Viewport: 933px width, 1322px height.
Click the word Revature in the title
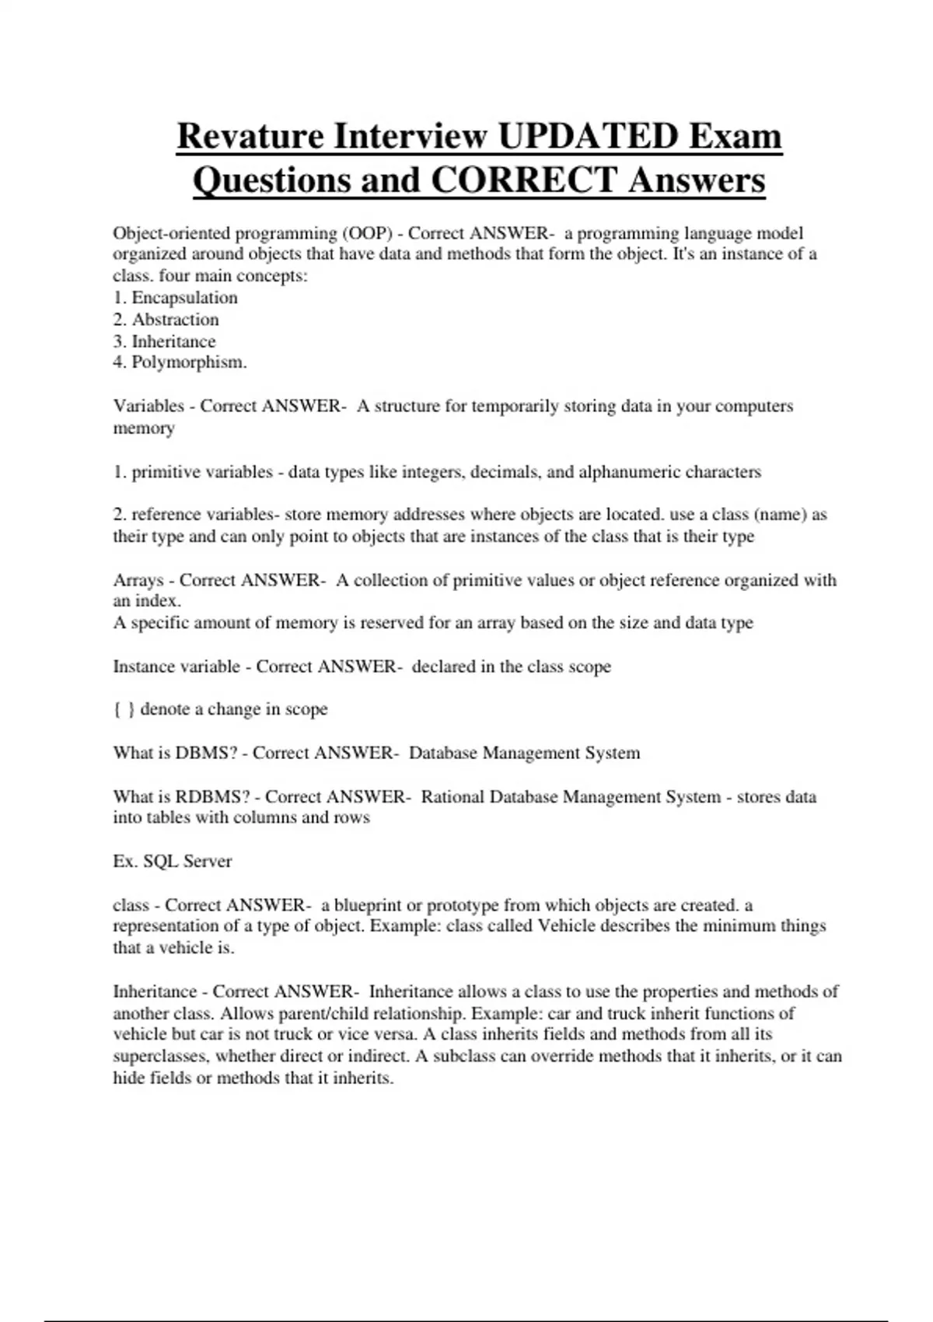click(x=250, y=137)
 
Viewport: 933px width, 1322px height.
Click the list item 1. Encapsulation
click(x=176, y=298)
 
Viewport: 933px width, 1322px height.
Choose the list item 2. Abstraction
click(x=166, y=320)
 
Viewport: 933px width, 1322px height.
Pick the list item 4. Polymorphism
click(x=180, y=362)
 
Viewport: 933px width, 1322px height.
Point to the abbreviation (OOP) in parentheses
click(x=367, y=233)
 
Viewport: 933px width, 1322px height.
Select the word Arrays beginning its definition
click(x=138, y=580)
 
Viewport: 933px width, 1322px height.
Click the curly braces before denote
click(x=124, y=709)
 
